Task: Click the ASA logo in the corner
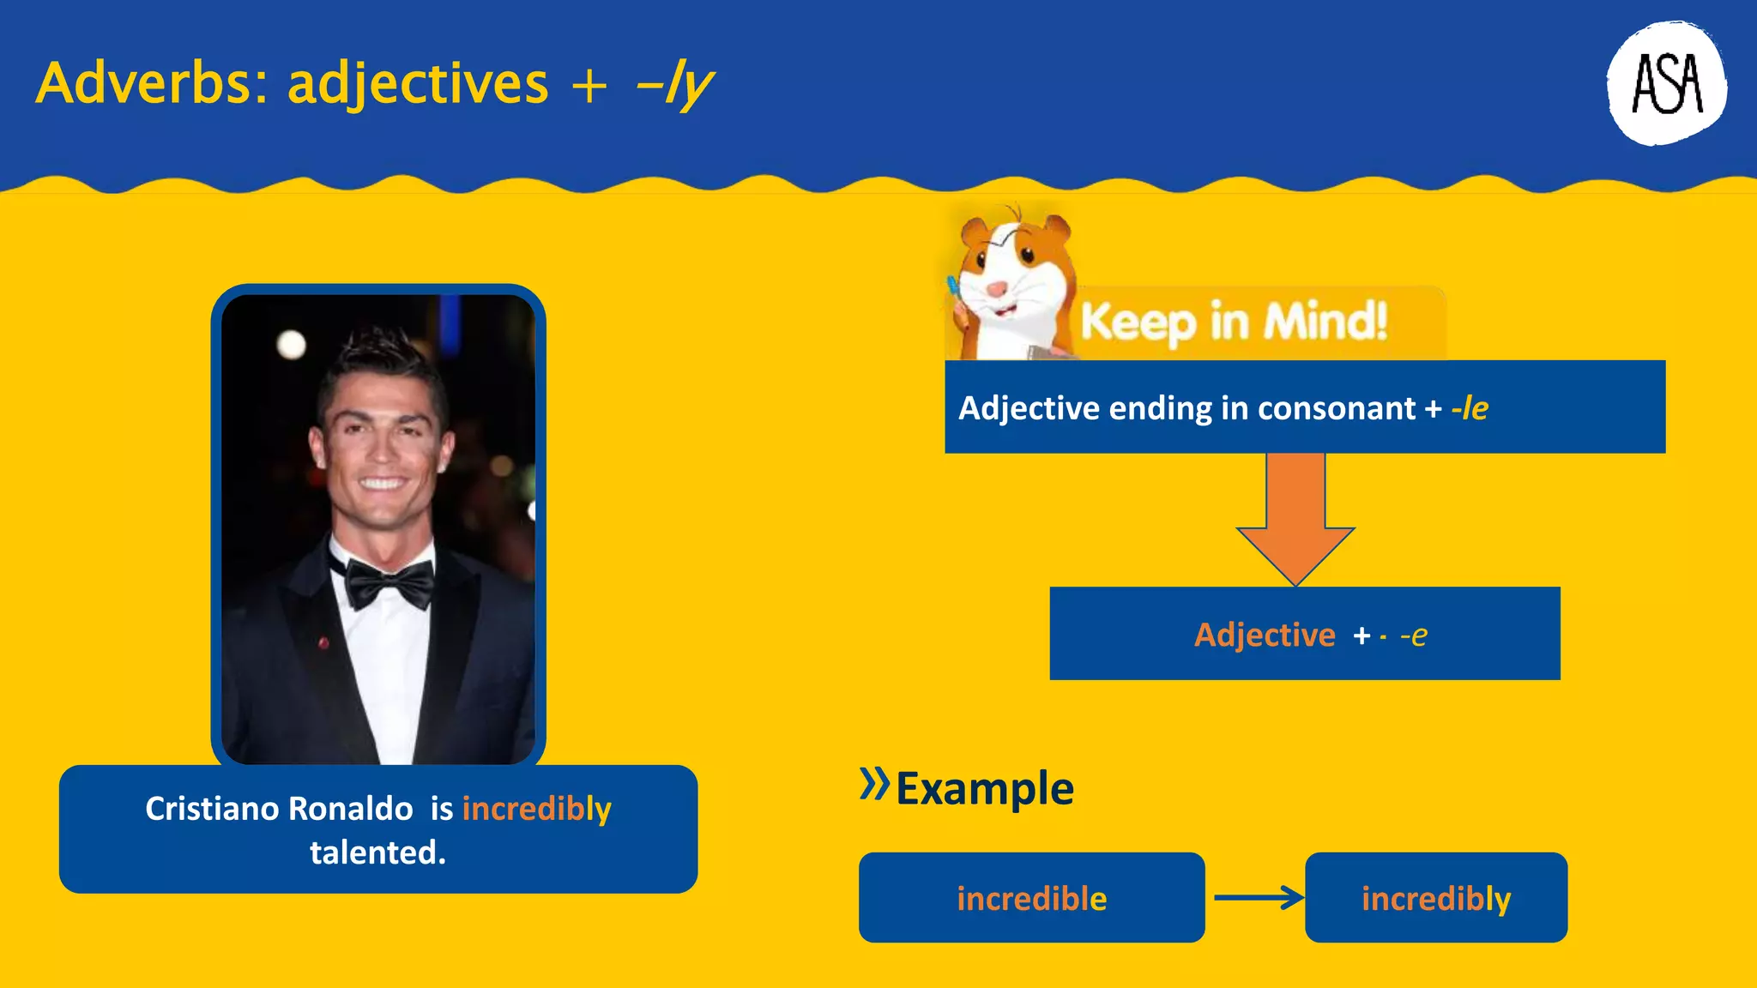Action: coord(1666,83)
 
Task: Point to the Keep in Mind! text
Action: coord(1234,322)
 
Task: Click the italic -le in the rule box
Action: coord(1470,408)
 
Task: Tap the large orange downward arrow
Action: coord(1295,519)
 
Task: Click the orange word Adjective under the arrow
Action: coord(1265,635)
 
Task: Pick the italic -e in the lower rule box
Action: coord(1414,635)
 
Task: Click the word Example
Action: coord(984,788)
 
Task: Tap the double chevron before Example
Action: coord(874,783)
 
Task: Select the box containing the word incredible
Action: coord(1031,898)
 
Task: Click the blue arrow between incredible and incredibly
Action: coord(1258,898)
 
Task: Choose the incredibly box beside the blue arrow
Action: coord(1435,898)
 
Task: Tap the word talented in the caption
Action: coord(377,852)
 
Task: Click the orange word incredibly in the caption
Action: coord(536,809)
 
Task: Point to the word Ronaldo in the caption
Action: coord(350,809)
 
